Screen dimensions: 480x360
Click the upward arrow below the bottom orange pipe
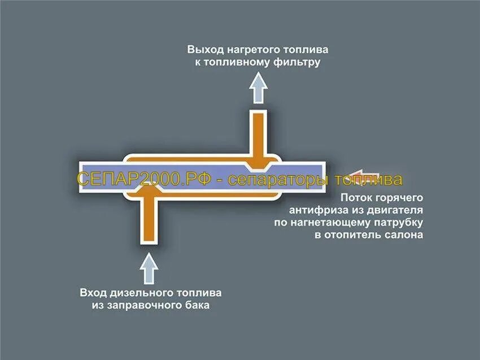149,268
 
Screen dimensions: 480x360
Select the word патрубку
398,223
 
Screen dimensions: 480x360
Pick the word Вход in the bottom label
93,293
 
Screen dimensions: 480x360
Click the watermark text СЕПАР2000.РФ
144,180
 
